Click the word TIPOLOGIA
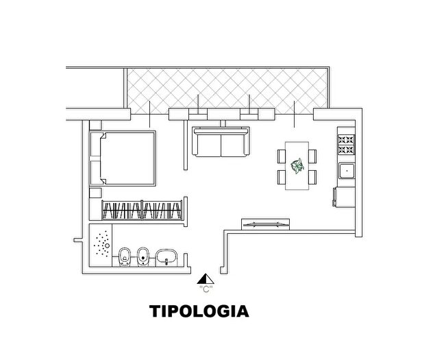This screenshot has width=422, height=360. [x=199, y=311]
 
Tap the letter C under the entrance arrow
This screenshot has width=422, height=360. [x=206, y=289]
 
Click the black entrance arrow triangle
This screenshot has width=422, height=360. [x=206, y=279]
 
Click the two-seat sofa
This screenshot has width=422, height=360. [x=221, y=142]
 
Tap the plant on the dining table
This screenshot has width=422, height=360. [x=297, y=166]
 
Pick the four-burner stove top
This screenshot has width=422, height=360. [x=346, y=145]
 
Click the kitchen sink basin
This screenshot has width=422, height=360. [x=347, y=171]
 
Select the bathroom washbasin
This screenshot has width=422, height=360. [x=166, y=257]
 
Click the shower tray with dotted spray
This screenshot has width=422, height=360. [x=101, y=245]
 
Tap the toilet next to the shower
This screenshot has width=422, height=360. [x=125, y=256]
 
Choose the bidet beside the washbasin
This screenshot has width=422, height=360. [x=143, y=256]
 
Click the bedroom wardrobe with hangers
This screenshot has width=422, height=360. [x=142, y=211]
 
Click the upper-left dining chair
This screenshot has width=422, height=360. [x=282, y=156]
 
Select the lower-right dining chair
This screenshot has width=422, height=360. [x=312, y=177]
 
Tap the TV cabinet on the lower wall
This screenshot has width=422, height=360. [x=266, y=224]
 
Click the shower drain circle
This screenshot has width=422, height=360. [x=107, y=245]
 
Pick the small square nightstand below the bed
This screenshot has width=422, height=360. [x=95, y=193]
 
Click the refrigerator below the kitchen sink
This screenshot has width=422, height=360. [x=344, y=197]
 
